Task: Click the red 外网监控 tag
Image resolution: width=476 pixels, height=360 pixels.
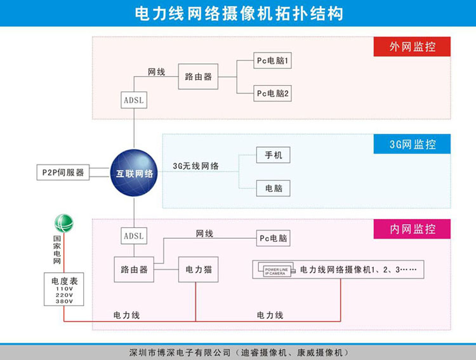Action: point(411,46)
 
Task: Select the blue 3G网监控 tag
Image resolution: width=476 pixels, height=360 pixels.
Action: point(411,144)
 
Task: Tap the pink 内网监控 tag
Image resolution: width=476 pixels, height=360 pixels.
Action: point(411,229)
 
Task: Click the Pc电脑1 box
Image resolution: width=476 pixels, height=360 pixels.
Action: point(273,62)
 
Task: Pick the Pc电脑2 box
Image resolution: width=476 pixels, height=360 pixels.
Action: point(273,94)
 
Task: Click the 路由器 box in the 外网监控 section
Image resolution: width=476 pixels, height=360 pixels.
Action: point(198,77)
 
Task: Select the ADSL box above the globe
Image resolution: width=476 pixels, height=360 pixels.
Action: point(134,100)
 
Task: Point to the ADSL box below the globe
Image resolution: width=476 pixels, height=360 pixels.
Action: point(134,236)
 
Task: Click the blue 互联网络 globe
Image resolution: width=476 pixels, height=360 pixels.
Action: point(135,173)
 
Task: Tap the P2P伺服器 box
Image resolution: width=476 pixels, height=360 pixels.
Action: point(63,172)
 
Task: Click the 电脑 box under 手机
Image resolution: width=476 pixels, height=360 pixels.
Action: point(274,188)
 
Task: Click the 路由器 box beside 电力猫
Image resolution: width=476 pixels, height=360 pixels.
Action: point(134,269)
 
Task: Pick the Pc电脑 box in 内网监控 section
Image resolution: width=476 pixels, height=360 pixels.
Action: point(273,239)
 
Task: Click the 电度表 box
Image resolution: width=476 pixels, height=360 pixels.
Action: point(63,290)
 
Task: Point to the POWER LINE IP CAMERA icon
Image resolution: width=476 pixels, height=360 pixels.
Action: point(275,270)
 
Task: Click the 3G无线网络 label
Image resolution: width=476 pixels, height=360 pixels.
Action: point(196,166)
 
